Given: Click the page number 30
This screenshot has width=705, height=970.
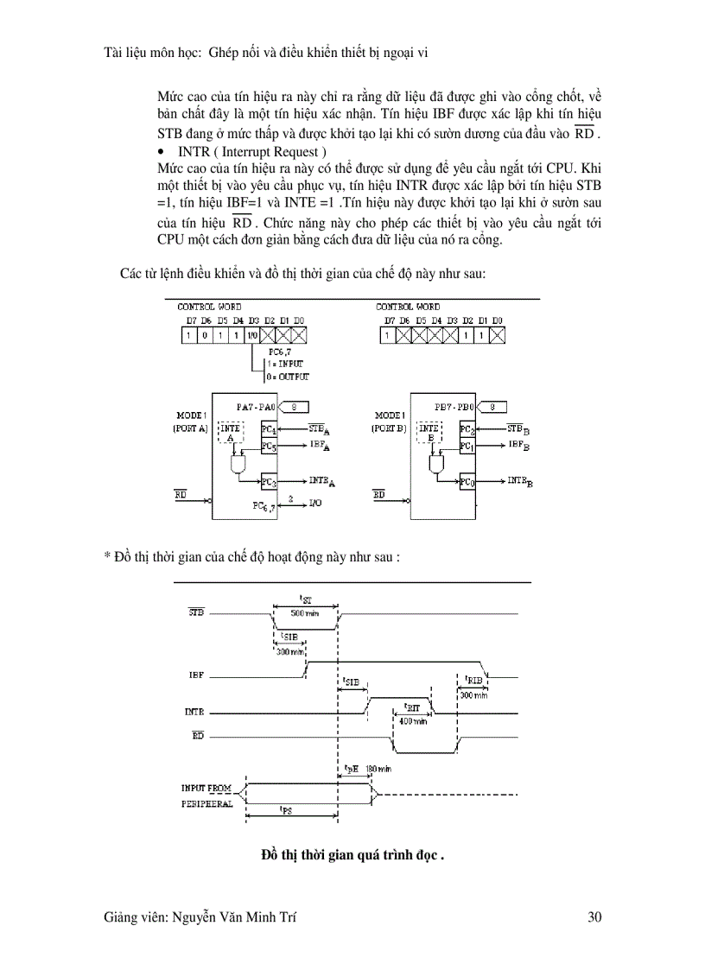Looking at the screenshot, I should coord(594,918).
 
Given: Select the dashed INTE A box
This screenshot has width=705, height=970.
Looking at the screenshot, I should coord(231,433).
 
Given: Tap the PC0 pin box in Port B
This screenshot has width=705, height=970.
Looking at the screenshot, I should coord(467,482).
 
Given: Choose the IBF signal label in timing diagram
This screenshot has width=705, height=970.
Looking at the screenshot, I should coord(196,674).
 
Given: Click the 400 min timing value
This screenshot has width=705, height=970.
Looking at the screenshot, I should coord(414,721).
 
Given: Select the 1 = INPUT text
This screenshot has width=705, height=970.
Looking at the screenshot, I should coord(289,365).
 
